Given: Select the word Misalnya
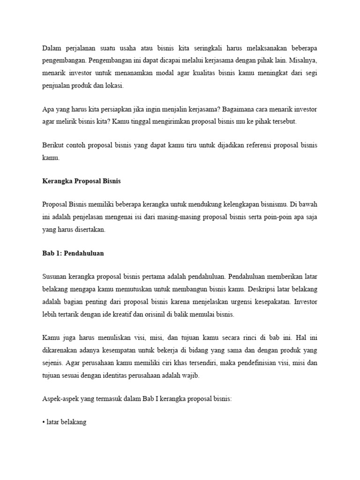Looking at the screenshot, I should pyautogui.click(x=303, y=61).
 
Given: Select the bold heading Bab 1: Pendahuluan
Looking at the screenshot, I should pyautogui.click(x=73, y=254).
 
